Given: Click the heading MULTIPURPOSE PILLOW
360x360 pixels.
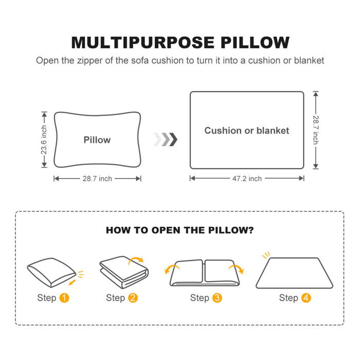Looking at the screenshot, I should [180, 42].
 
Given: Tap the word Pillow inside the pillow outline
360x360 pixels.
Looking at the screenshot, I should [97, 140].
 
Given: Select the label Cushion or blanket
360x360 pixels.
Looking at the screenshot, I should [246, 131].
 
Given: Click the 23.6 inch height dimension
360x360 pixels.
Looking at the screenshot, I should [44, 140].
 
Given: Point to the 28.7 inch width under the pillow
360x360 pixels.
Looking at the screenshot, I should [97, 178].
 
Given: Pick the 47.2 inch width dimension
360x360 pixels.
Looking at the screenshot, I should [247, 178].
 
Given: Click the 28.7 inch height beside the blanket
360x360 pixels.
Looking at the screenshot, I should [315, 130].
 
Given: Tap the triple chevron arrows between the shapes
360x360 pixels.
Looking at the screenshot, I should [165, 139].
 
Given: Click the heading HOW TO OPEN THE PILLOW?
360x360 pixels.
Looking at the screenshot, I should [179, 230].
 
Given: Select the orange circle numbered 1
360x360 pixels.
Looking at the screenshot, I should [64, 298].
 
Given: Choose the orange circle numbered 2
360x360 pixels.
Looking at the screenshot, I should [133, 298].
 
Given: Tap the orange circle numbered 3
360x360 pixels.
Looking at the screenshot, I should [217, 298].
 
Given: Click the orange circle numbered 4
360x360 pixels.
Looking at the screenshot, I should [306, 298].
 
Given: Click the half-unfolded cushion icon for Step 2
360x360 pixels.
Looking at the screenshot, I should [123, 273].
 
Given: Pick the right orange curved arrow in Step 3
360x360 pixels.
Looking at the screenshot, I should [239, 269].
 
